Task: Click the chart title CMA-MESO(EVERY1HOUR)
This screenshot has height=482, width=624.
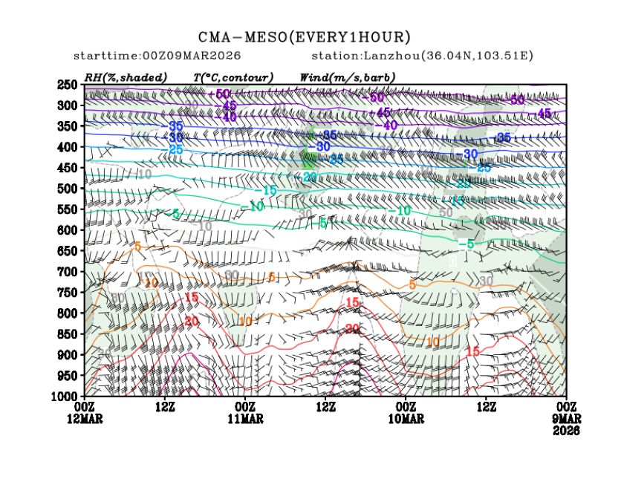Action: (305, 37)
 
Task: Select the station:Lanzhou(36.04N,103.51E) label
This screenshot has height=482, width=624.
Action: (422, 56)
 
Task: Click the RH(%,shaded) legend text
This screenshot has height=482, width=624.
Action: (126, 77)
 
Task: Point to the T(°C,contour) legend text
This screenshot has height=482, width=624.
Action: (233, 77)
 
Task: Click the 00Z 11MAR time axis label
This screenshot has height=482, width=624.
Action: (245, 413)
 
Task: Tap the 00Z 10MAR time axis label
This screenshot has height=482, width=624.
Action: (406, 413)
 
